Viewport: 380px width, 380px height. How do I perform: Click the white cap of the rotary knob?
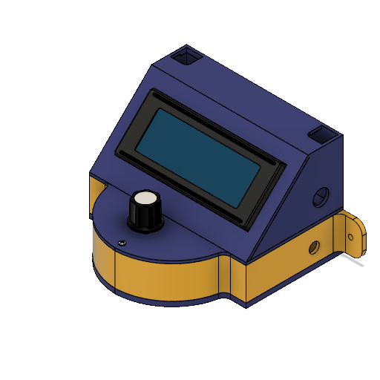tap(145, 200)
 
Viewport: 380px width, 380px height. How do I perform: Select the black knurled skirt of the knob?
tap(145, 217)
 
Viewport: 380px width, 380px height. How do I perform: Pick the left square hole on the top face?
tap(186, 56)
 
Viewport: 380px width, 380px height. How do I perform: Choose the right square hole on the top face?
tap(323, 136)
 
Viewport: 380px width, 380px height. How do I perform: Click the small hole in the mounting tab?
tap(352, 237)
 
